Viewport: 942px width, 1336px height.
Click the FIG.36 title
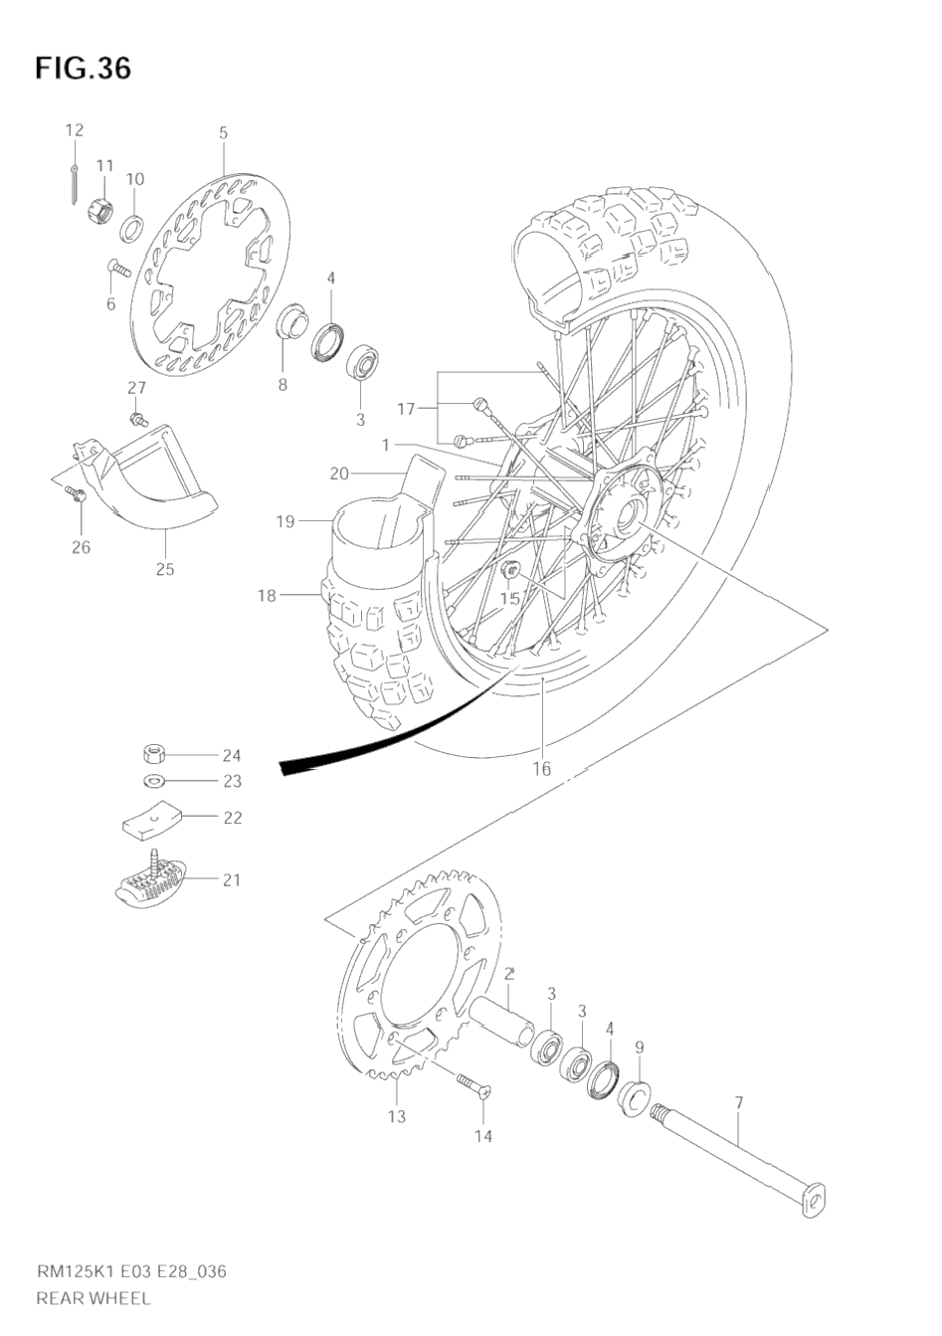pos(84,69)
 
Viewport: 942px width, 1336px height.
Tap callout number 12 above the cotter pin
pos(75,130)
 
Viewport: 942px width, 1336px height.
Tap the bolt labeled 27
pos(138,419)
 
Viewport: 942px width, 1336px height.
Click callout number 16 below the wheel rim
pos(541,768)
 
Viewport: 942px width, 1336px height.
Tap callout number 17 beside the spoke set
pos(405,409)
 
